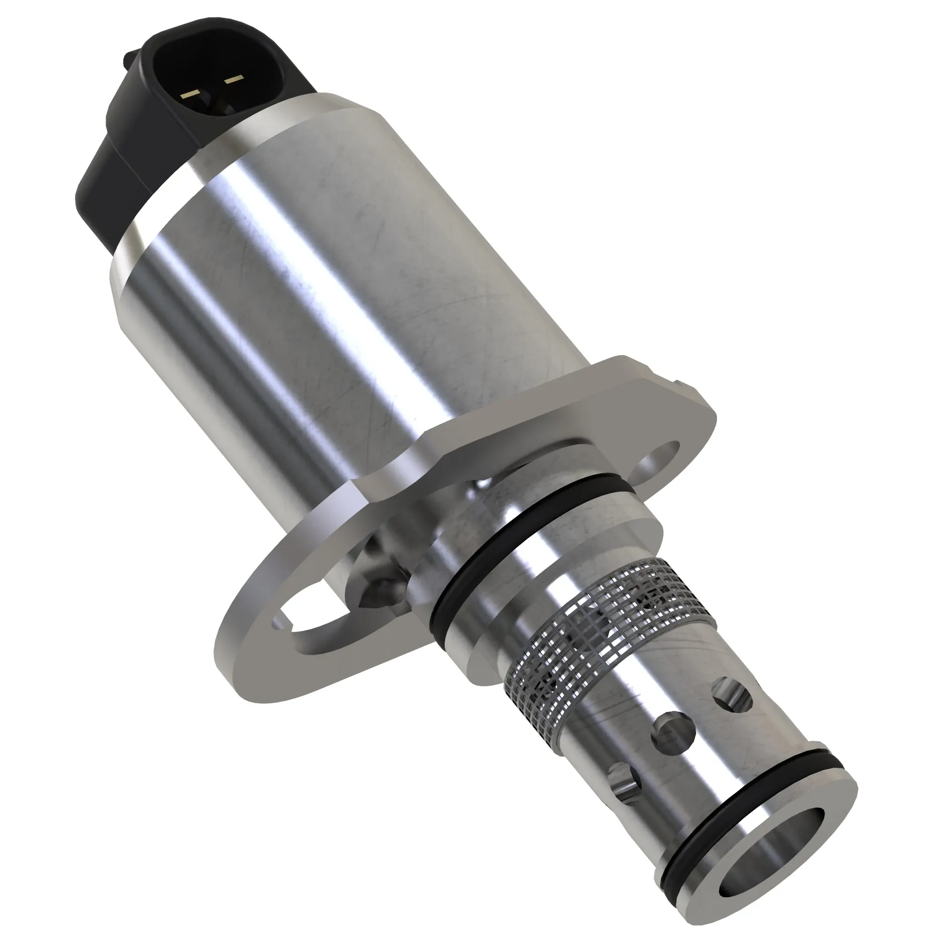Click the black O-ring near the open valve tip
coord(757,825)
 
